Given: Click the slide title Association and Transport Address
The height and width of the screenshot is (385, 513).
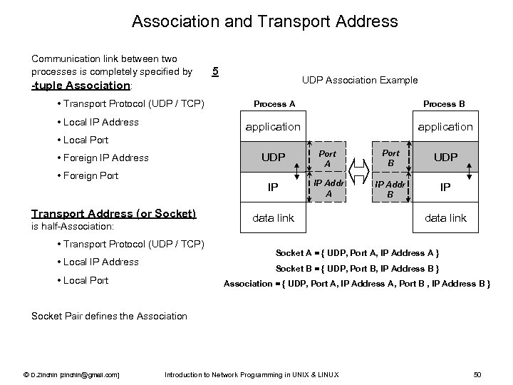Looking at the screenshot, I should pyautogui.click(x=264, y=21).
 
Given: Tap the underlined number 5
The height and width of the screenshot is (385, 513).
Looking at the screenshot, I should pyautogui.click(x=216, y=71).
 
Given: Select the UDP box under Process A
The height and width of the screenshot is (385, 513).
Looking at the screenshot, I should pyautogui.click(x=273, y=158).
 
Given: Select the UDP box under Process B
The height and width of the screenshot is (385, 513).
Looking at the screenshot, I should pyautogui.click(x=445, y=158).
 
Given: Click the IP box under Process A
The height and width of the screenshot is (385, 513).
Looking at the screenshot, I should pyautogui.click(x=273, y=188).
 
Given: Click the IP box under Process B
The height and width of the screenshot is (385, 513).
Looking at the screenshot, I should pyautogui.click(x=445, y=188).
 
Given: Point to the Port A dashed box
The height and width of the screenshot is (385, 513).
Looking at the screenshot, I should pyautogui.click(x=327, y=158).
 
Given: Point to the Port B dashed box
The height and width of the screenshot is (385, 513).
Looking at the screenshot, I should pyautogui.click(x=390, y=158).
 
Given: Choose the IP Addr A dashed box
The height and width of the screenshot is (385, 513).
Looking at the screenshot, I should pyautogui.click(x=328, y=188).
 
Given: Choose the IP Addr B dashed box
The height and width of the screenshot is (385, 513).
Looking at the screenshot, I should pyautogui.click(x=390, y=188).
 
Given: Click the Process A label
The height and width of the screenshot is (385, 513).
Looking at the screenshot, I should pyautogui.click(x=274, y=104).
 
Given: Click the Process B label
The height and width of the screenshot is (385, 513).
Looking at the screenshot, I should pyautogui.click(x=444, y=104).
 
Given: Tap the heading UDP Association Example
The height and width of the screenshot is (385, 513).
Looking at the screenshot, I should pyautogui.click(x=360, y=80).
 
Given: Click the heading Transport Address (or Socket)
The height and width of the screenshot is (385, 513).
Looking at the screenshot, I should pyautogui.click(x=114, y=212).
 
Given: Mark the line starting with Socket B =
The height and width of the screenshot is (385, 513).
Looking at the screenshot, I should pyautogui.click(x=356, y=269).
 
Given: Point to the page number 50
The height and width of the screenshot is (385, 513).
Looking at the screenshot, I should pyautogui.click(x=477, y=374).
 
